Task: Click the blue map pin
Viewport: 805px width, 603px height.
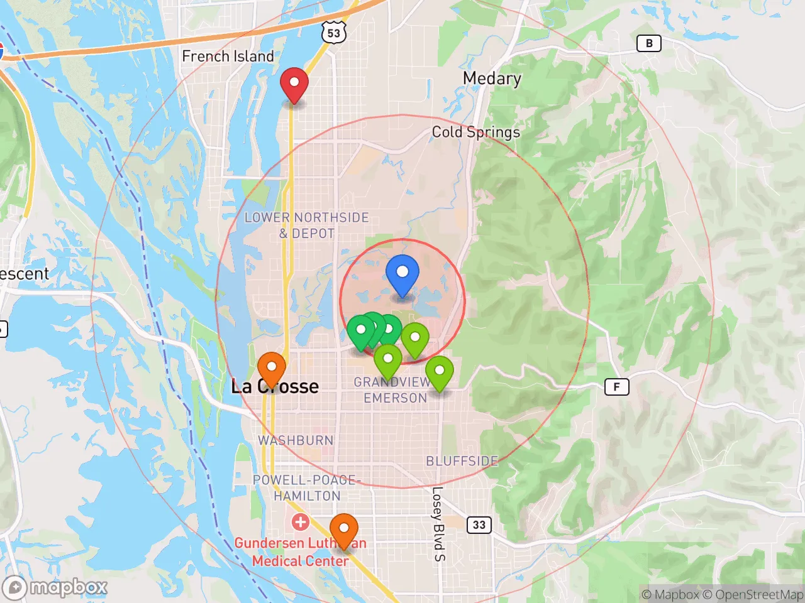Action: click(x=402, y=274)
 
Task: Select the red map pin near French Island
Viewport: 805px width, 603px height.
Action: click(x=294, y=84)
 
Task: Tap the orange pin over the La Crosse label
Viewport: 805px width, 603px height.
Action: click(x=272, y=367)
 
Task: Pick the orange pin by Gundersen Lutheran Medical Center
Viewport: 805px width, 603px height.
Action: click(x=344, y=529)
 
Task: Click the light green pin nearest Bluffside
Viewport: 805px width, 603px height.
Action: click(x=440, y=372)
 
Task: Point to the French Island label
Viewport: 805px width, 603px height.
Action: click(x=228, y=56)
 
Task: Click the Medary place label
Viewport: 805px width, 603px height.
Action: click(x=492, y=79)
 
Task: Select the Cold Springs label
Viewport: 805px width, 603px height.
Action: click(x=475, y=132)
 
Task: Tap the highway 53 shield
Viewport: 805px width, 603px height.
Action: click(x=334, y=34)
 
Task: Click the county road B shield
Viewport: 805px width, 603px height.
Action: click(x=649, y=43)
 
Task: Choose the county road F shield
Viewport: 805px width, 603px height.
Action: click(x=616, y=387)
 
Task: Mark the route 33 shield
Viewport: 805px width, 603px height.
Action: click(x=479, y=524)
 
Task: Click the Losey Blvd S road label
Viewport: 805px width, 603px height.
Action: click(x=438, y=523)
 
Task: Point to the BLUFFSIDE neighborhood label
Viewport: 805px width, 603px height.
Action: click(x=462, y=461)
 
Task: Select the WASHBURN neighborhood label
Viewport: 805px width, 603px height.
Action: click(x=296, y=440)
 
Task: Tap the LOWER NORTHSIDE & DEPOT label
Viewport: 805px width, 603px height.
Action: click(x=306, y=225)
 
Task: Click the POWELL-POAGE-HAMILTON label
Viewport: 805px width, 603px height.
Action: click(x=306, y=488)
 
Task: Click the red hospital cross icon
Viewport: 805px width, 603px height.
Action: click(x=300, y=521)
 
